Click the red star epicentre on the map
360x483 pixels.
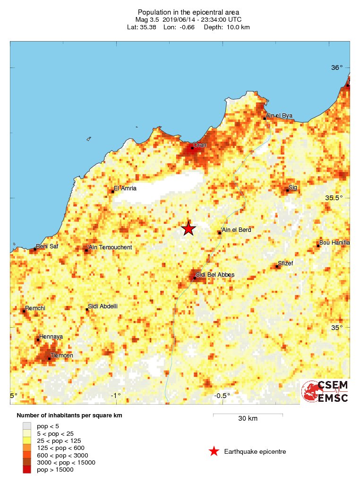coord(189,229)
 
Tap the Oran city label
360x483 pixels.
coord(200,145)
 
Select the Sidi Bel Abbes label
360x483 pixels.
coord(215,274)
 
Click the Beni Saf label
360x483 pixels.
coord(47,246)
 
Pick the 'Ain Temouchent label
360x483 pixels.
coord(110,247)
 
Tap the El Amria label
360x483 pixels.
coord(125,188)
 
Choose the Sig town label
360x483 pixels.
coord(293,187)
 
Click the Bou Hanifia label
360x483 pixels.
coord(334,243)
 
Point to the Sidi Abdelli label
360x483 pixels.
coord(103,306)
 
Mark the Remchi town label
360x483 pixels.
coord(35,308)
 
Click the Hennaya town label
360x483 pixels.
coord(51,337)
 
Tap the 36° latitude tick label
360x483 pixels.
coord(337,68)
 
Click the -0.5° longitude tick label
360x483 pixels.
coord(222,396)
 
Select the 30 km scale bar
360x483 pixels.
coord(248,415)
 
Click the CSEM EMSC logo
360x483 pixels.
coord(326,391)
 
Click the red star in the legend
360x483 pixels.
coord(214,452)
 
